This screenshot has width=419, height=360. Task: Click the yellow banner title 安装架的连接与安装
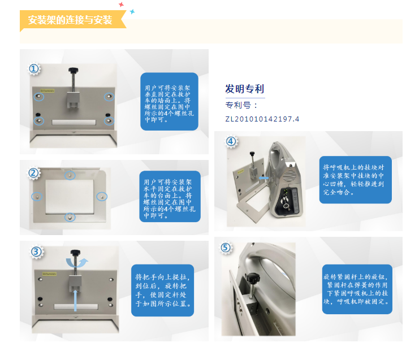pos(70,20)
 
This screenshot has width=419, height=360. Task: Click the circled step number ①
pos(34,69)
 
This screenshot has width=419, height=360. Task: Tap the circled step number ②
pos(34,173)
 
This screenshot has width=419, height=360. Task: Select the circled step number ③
pos(36,251)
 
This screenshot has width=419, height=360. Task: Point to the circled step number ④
pos(231,141)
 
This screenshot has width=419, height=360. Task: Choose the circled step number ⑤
pos(226,248)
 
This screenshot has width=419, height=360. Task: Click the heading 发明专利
pos(244,89)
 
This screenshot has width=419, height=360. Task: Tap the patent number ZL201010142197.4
pos(262,119)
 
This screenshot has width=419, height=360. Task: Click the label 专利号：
pos(241,105)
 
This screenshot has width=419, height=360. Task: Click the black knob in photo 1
pos(74,71)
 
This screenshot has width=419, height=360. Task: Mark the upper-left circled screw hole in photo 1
pos(39,97)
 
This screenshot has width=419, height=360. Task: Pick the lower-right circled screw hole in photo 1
pos(109,122)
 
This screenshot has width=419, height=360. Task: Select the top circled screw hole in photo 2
pos(70,175)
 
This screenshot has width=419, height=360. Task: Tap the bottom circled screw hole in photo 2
pos(70,217)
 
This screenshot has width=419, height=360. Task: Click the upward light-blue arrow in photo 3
pos(75,301)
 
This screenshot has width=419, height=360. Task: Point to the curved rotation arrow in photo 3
pos(77,263)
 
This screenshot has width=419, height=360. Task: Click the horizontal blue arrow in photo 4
pos(264,178)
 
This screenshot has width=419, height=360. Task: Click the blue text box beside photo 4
pos(356,180)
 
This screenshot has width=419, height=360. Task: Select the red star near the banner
pos(121,5)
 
